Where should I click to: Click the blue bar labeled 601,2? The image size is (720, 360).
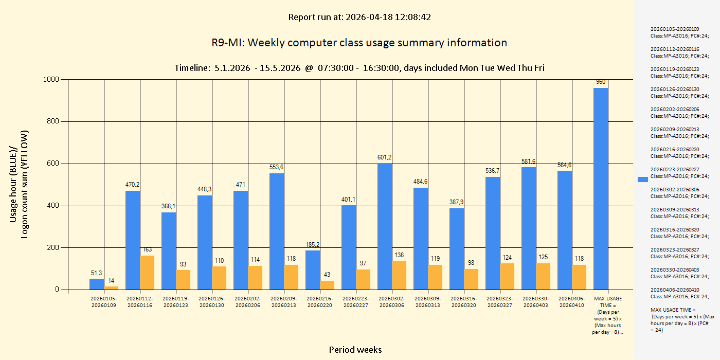coord(385,226)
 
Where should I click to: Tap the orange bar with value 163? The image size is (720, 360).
coord(147,273)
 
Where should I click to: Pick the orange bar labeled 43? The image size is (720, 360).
coord(327,285)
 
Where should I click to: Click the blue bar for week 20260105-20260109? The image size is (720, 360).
coord(97,284)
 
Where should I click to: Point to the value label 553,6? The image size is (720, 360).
coord(277,167)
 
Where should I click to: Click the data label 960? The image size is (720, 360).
coord(601,82)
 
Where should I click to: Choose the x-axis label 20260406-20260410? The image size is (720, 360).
coord(572,302)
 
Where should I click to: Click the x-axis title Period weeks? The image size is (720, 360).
coord(355,350)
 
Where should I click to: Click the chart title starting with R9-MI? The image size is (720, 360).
coord(359,43)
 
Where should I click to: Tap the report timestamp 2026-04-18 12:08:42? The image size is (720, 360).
coord(388,17)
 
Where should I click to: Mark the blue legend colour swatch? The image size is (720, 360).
coord(642,179)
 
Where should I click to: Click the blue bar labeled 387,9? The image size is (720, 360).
coord(457,249)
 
